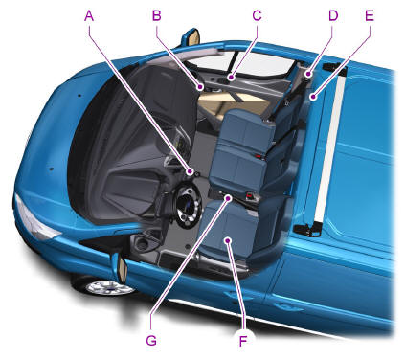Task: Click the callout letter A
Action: pyautogui.click(x=89, y=15)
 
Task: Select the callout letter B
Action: pyautogui.click(x=157, y=15)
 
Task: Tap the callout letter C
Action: pyautogui.click(x=257, y=15)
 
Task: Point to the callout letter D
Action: pyautogui.click(x=333, y=15)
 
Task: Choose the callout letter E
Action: pyautogui.click(x=370, y=15)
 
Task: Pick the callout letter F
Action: pyautogui.click(x=243, y=341)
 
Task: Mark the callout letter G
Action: pyautogui.click(x=151, y=341)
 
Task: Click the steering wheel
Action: pyautogui.click(x=185, y=205)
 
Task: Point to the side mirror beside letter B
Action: pyautogui.click(x=191, y=37)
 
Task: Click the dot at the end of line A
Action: pyautogui.click(x=191, y=172)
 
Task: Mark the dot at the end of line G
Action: pyautogui.click(x=229, y=198)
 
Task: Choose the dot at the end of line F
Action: pyautogui.click(x=228, y=240)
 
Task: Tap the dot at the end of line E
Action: pyautogui.click(x=314, y=97)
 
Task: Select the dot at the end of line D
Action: pyautogui.click(x=308, y=75)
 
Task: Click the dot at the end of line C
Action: pyautogui.click(x=231, y=78)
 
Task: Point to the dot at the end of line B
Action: pyautogui.click(x=200, y=86)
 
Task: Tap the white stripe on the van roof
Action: pyautogui.click(x=329, y=146)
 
